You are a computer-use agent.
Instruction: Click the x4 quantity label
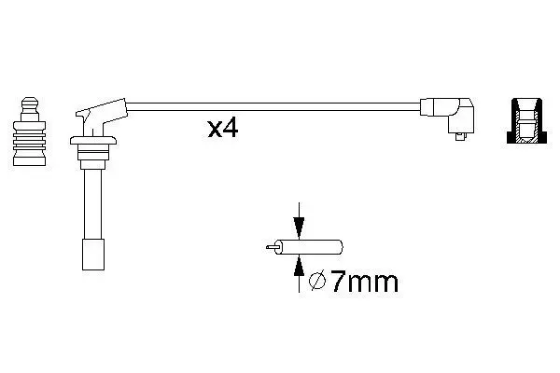pos(223,129)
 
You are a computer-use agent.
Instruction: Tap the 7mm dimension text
pos(364,282)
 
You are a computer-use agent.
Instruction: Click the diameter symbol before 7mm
pos(317,281)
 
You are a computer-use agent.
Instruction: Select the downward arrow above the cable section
pos(299,220)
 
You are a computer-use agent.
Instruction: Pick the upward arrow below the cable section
pos(299,274)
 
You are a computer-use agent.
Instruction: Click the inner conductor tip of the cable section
pos(271,247)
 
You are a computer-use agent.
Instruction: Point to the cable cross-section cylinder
pos(308,247)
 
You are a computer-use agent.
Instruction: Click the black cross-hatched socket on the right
pos(526,120)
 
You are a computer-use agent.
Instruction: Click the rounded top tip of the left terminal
pos(30,100)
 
